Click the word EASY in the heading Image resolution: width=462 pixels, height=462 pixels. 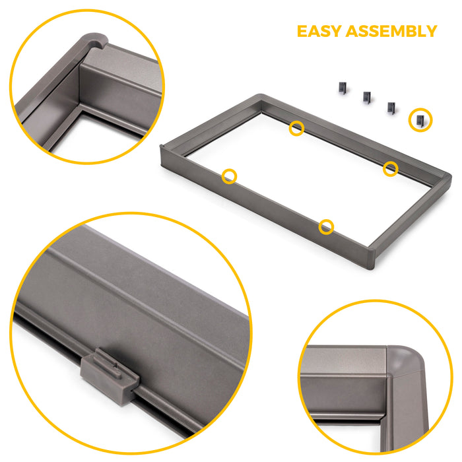(x=320, y=31)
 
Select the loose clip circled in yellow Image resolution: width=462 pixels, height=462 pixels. (x=420, y=119)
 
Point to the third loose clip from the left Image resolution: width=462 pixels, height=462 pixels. (x=391, y=106)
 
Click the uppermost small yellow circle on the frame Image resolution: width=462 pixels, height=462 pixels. (x=297, y=128)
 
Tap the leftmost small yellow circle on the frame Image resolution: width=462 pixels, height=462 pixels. (x=229, y=176)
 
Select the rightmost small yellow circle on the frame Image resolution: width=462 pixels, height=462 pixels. (x=391, y=168)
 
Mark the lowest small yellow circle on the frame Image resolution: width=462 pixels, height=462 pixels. (x=326, y=227)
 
